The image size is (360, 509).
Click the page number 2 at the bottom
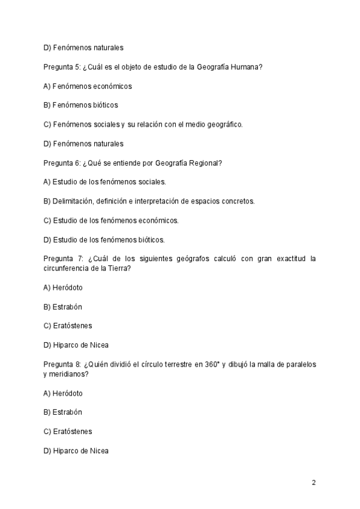pos(314,483)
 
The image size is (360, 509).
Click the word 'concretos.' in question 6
pos(237,201)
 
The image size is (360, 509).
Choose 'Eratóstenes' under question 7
pos(71,326)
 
